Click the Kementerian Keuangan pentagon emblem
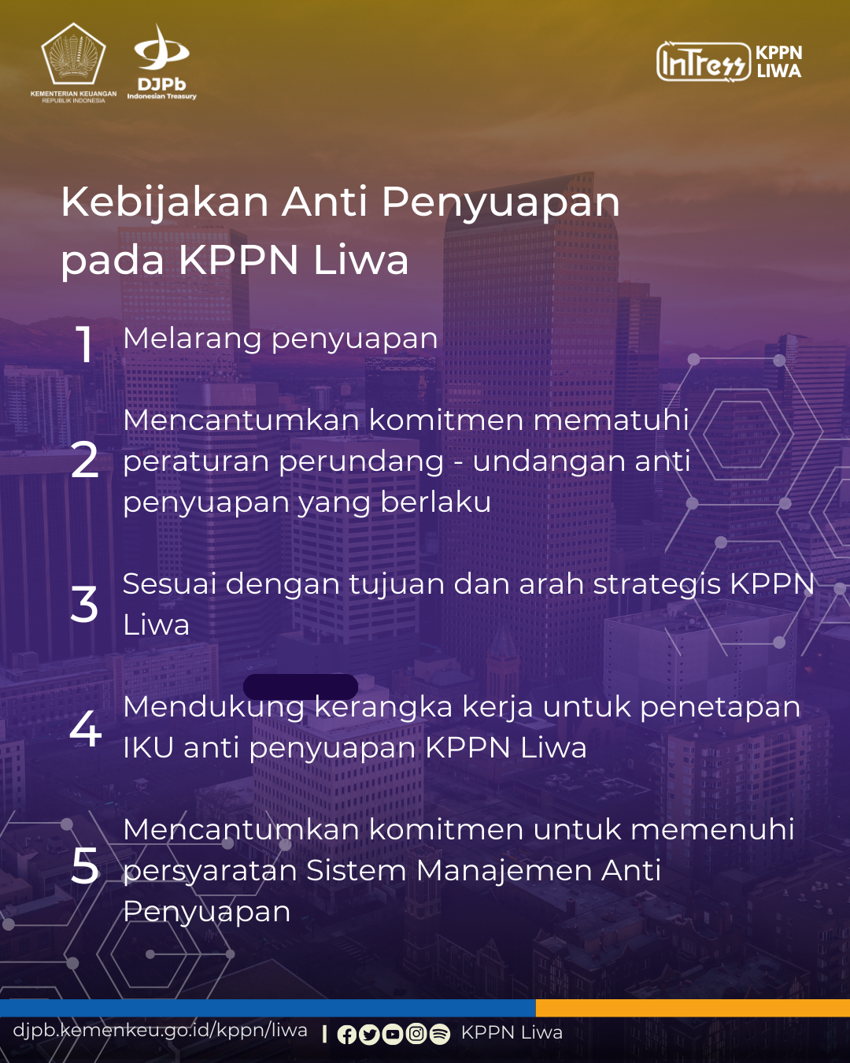pyautogui.click(x=73, y=54)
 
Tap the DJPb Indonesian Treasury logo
pyautogui.click(x=161, y=62)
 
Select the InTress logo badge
pyautogui.click(x=704, y=61)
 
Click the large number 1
pyautogui.click(x=85, y=344)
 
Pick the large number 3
pyautogui.click(x=84, y=604)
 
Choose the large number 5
pyautogui.click(x=85, y=865)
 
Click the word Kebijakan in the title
pyautogui.click(x=165, y=202)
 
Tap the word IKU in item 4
pyautogui.click(x=148, y=747)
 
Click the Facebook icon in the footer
pyautogui.click(x=347, y=1035)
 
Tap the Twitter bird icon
pyautogui.click(x=369, y=1035)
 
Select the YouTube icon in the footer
pyautogui.click(x=393, y=1035)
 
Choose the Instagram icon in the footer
pyautogui.click(x=416, y=1034)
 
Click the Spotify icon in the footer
pyautogui.click(x=440, y=1035)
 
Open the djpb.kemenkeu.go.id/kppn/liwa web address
pyautogui.click(x=160, y=1031)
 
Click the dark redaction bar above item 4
pyautogui.click(x=301, y=687)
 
